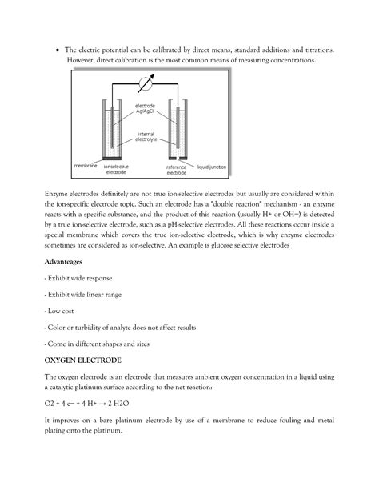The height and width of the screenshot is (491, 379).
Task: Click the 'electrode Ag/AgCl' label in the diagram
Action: pos(146,108)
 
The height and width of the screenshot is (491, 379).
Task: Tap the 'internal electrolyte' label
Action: pos(146,136)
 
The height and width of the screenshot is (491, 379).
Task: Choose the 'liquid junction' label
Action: pos(213,166)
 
